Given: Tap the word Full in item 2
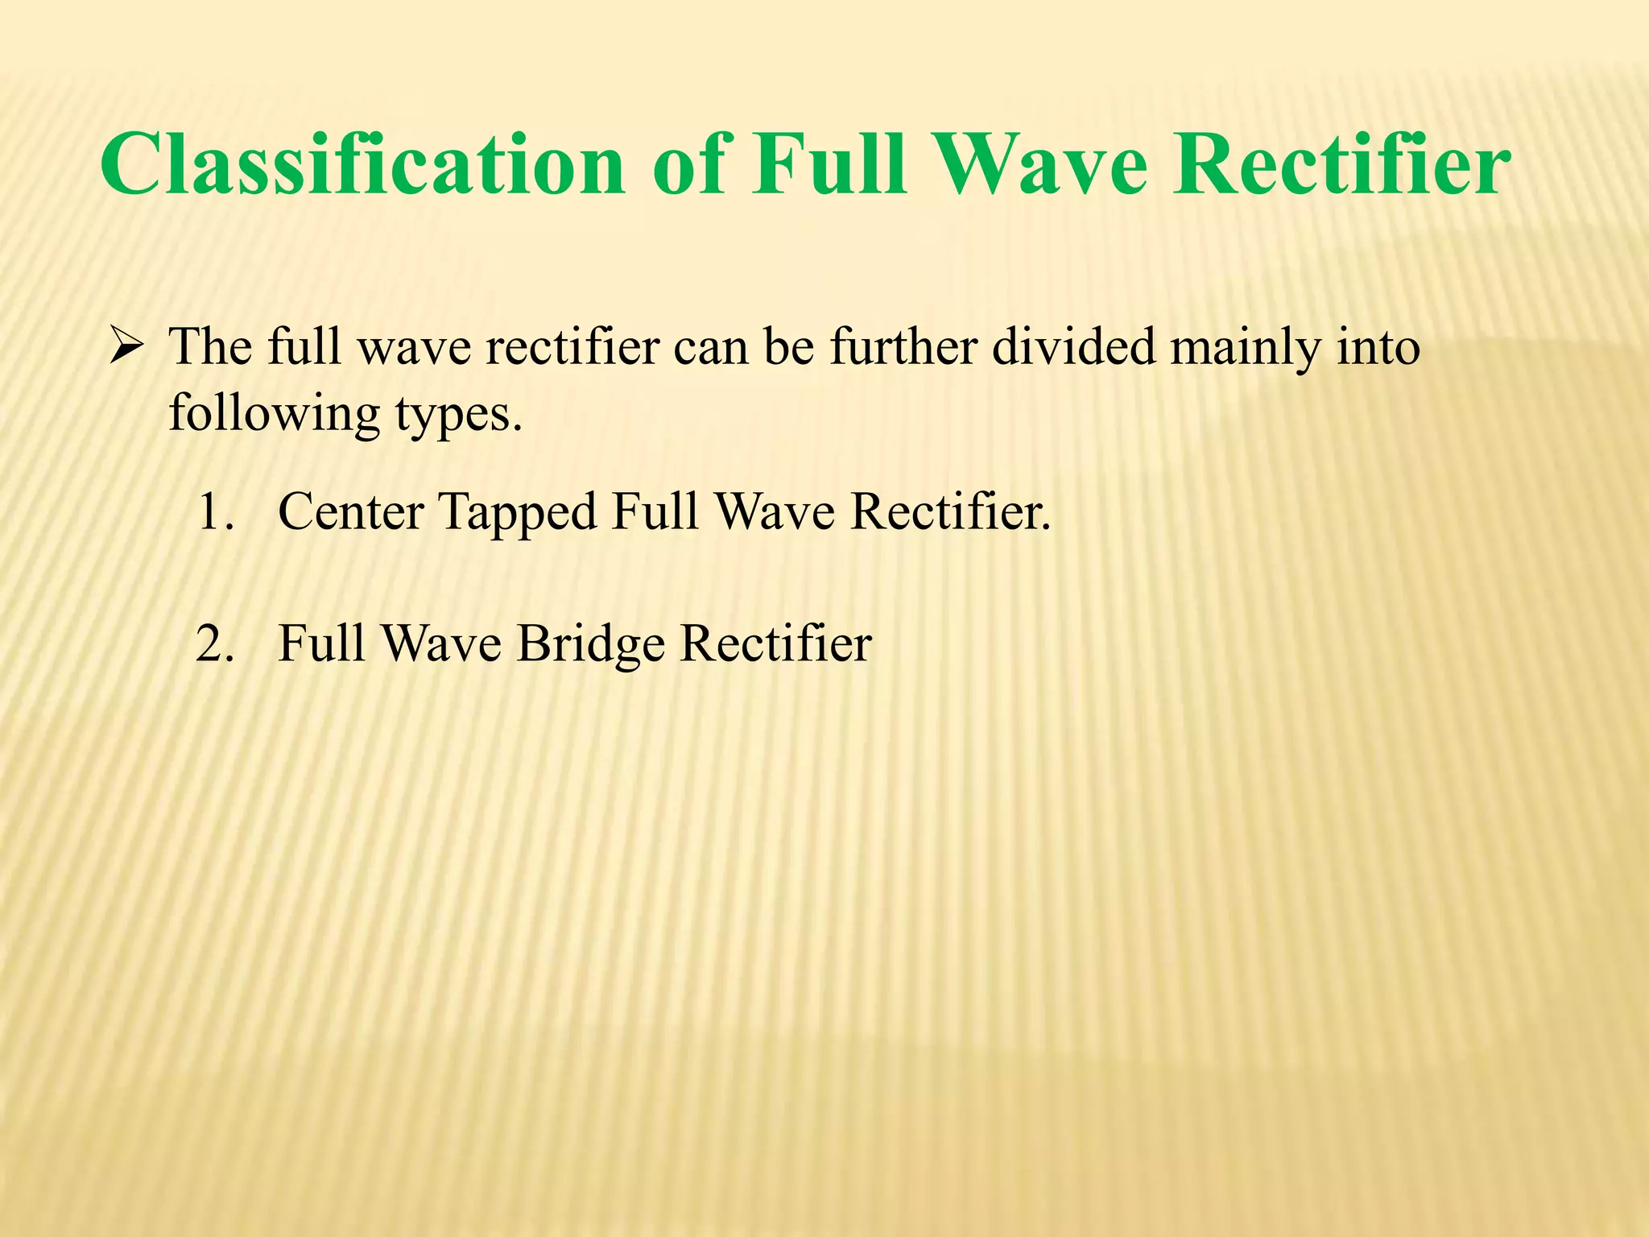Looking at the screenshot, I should coord(322,644).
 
